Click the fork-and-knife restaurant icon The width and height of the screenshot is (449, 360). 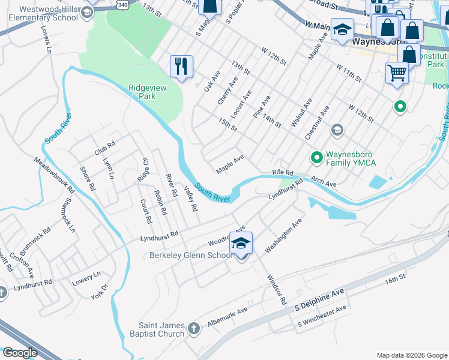181,66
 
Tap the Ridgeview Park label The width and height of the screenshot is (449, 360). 142,92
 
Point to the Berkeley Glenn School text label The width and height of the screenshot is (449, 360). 190,256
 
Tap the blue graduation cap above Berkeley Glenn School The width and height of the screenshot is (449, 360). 241,242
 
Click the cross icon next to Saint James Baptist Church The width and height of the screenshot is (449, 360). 193,328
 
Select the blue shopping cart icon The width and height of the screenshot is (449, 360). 397,73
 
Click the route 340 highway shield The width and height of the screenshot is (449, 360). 122,4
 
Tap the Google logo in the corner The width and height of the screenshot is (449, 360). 19,353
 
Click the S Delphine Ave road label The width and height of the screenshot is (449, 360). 319,299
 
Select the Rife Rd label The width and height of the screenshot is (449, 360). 282,172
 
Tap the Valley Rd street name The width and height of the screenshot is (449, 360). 191,199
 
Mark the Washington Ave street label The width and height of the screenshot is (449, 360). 283,235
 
